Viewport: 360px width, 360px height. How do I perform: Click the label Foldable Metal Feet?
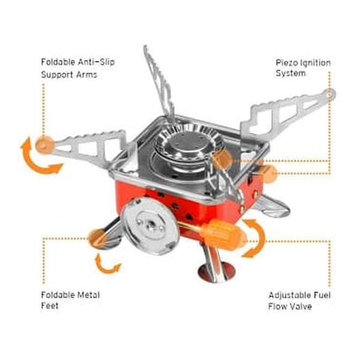tap(70, 300)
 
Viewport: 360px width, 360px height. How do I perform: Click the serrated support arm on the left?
tap(87, 145)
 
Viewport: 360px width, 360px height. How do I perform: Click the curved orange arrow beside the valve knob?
tap(255, 238)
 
